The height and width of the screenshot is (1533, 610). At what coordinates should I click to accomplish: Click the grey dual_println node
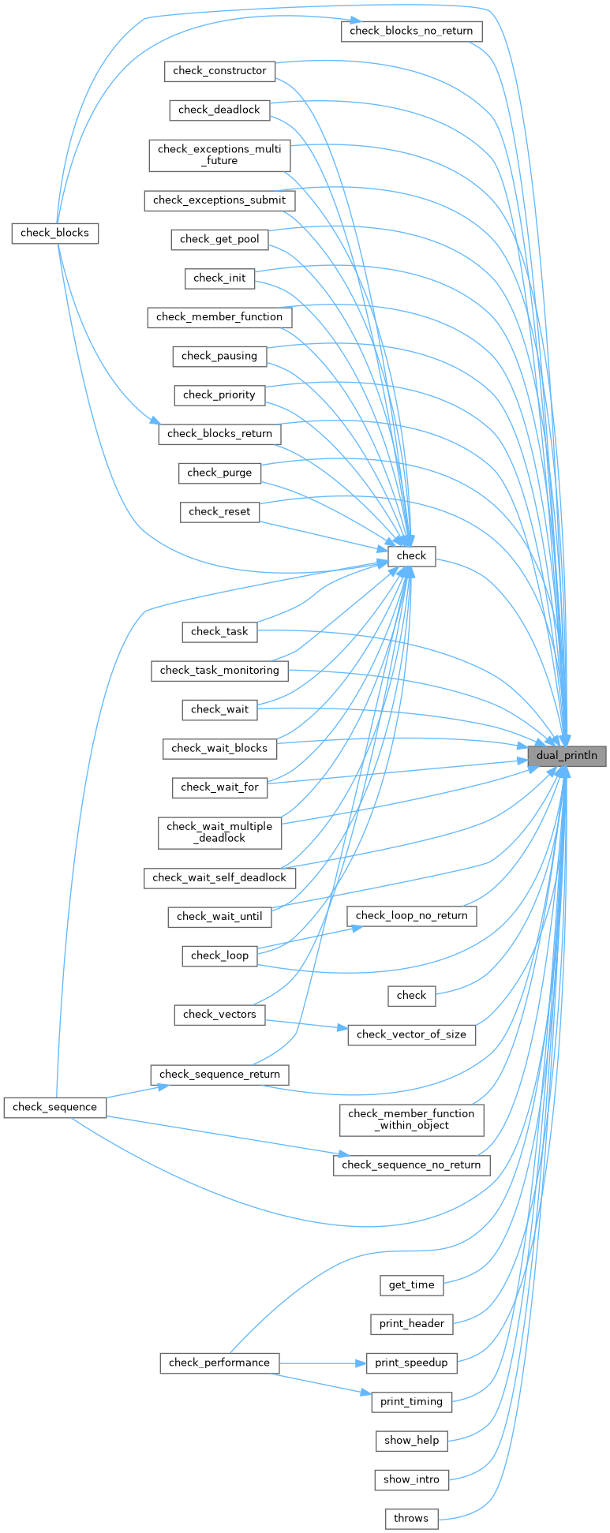(x=567, y=756)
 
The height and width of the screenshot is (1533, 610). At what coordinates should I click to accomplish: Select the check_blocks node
(x=54, y=233)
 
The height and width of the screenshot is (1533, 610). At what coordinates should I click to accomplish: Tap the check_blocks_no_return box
(x=411, y=32)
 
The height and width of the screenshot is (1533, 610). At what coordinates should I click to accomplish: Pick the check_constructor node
(x=219, y=71)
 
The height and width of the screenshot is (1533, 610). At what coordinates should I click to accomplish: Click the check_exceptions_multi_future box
(x=219, y=155)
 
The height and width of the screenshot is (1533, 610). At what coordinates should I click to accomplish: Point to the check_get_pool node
(x=219, y=239)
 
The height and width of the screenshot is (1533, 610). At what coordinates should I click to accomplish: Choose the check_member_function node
(x=219, y=317)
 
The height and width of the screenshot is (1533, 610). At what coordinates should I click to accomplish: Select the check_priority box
(x=219, y=394)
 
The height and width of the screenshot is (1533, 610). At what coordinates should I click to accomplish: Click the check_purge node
(x=219, y=473)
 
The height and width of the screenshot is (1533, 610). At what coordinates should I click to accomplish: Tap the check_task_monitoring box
(x=219, y=671)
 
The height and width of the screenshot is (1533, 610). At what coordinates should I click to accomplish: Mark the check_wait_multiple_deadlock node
(x=219, y=832)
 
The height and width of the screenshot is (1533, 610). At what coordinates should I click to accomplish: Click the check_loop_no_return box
(x=411, y=916)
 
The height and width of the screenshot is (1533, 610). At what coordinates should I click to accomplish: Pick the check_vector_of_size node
(x=411, y=1034)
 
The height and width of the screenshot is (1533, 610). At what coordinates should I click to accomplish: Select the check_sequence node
(x=54, y=1107)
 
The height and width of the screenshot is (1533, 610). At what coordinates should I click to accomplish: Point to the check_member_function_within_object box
(x=411, y=1120)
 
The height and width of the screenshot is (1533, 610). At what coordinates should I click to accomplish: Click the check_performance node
(x=219, y=1363)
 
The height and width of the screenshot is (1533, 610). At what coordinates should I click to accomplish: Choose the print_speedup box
(x=411, y=1363)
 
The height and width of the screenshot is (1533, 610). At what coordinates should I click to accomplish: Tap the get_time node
(x=411, y=1285)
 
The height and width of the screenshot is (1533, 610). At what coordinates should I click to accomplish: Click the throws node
(x=411, y=1518)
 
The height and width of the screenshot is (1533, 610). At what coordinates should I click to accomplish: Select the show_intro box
(x=411, y=1479)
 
